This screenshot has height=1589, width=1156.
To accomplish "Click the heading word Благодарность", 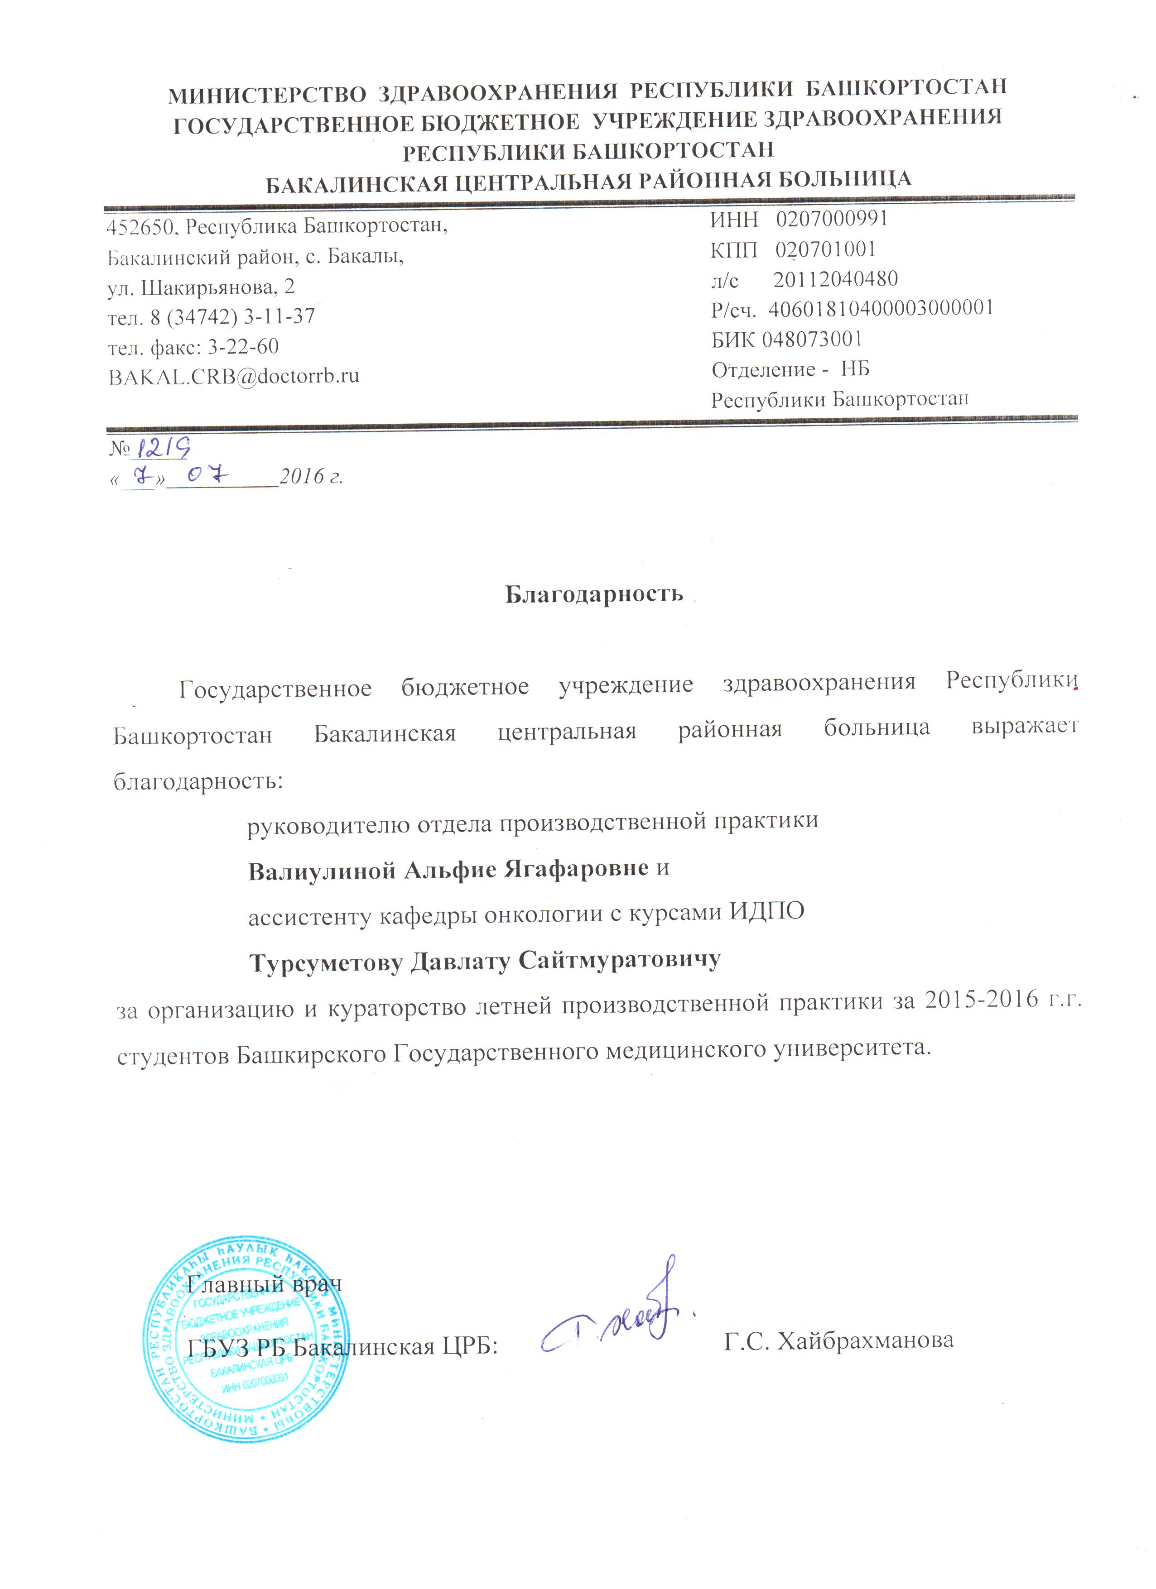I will (x=594, y=593).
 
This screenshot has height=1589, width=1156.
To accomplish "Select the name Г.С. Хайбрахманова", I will (x=838, y=1340).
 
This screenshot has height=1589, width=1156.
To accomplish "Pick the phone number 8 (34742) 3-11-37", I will (x=232, y=317).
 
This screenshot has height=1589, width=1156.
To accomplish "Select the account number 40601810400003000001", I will (x=881, y=308).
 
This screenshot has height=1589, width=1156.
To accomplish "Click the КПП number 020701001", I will (x=825, y=249).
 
